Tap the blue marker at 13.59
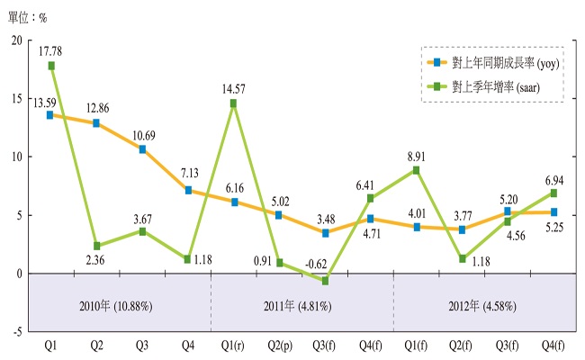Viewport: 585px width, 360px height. [51, 114]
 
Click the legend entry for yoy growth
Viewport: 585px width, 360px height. [490, 63]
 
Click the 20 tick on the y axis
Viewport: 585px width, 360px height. [18, 40]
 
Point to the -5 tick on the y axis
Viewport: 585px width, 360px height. [18, 331]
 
